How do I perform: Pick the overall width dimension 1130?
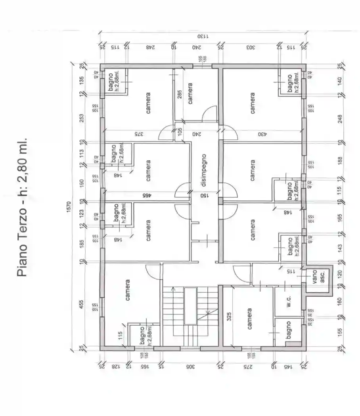pyautogui.click(x=203, y=36)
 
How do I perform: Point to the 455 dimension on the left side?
pyautogui.click(x=81, y=304)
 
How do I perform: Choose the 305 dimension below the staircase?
pyautogui.click(x=190, y=366)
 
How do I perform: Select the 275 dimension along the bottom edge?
pyautogui.click(x=247, y=366)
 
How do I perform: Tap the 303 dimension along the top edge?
pyautogui.click(x=251, y=47)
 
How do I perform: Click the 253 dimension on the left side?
pyautogui.click(x=81, y=118)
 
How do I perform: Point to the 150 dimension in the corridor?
pyautogui.click(x=204, y=195)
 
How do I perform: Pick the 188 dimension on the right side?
pyautogui.click(x=339, y=160)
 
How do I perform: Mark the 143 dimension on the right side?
pyautogui.click(x=339, y=248)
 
